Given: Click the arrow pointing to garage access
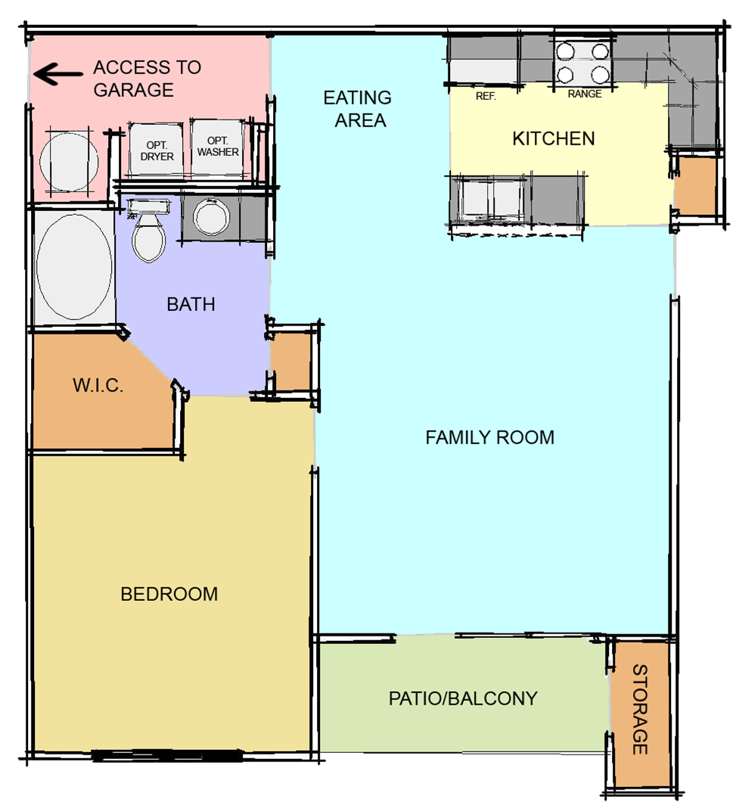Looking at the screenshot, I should tap(57, 74).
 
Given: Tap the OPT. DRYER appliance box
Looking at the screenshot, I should tap(157, 150).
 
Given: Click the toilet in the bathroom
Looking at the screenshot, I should tap(148, 233).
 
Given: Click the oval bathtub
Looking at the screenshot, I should tap(74, 266).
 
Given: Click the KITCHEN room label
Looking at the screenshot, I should tap(553, 138).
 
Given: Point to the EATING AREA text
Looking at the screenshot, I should tap(357, 108).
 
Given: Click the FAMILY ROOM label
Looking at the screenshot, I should tap(489, 437).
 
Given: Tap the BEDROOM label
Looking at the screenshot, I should tap(169, 594).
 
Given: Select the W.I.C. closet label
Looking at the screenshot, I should tap(98, 385).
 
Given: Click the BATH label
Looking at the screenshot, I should tap(191, 304).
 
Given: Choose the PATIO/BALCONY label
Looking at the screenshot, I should tap(462, 698).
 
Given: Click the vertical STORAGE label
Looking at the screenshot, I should tap(640, 709).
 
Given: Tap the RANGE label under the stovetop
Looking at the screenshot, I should tap(584, 94).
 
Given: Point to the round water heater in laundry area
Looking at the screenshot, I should tap(68, 161).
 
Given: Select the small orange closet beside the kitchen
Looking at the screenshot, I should tap(694, 185).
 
